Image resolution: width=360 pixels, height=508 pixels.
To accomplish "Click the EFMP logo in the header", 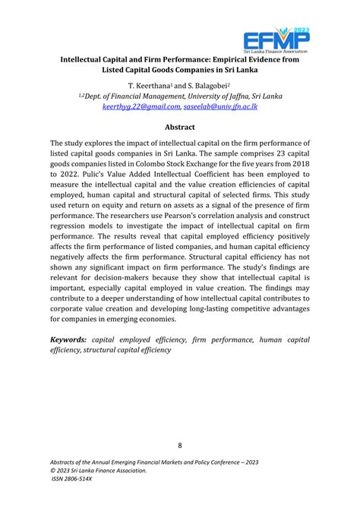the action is pyautogui.click(x=277, y=34).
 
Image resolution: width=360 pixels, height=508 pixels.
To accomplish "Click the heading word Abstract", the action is pyautogui.click(x=179, y=128).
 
